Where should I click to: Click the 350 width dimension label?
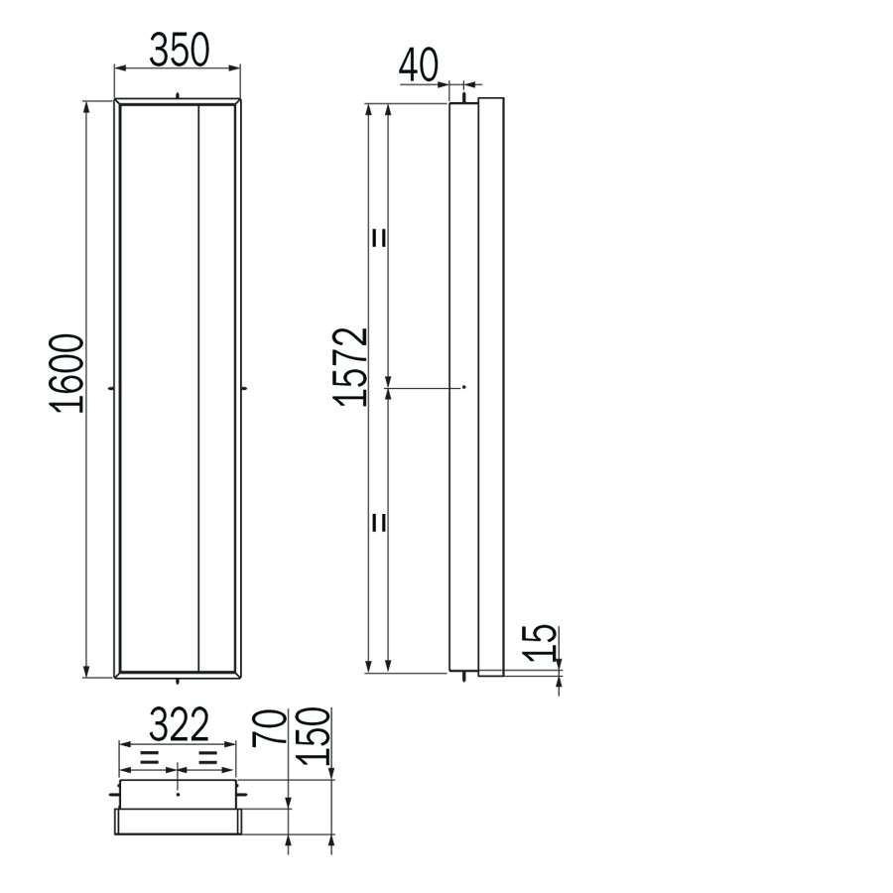click(180, 50)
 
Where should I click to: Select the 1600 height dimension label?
click(67, 373)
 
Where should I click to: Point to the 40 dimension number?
click(419, 64)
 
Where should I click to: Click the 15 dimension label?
click(540, 643)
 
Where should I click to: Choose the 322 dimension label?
click(180, 724)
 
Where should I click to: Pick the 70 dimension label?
click(269, 726)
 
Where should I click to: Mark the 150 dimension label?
click(314, 736)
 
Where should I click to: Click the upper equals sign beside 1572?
click(379, 237)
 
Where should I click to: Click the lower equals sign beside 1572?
click(379, 522)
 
